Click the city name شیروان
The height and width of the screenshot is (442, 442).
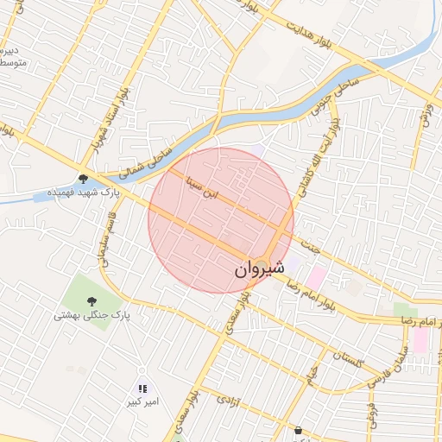pyautogui.click(x=258, y=269)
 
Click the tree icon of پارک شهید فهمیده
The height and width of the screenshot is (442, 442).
pyautogui.click(x=83, y=179)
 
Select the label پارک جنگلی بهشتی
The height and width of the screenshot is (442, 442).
pyautogui.click(x=91, y=316)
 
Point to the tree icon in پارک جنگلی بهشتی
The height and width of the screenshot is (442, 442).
pyautogui.click(x=91, y=300)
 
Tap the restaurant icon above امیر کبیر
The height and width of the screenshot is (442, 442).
pyautogui.click(x=142, y=389)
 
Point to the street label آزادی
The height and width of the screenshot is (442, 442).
pyautogui.click(x=227, y=401)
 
